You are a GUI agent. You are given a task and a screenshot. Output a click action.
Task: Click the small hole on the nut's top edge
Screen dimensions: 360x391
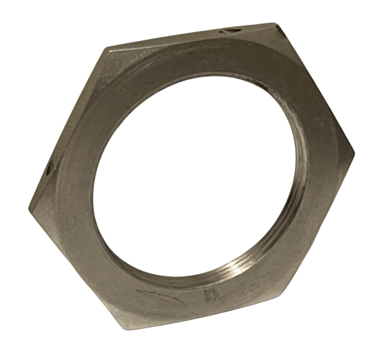(230, 31)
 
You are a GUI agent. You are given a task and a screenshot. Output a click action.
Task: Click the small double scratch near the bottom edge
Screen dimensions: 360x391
(209, 297)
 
